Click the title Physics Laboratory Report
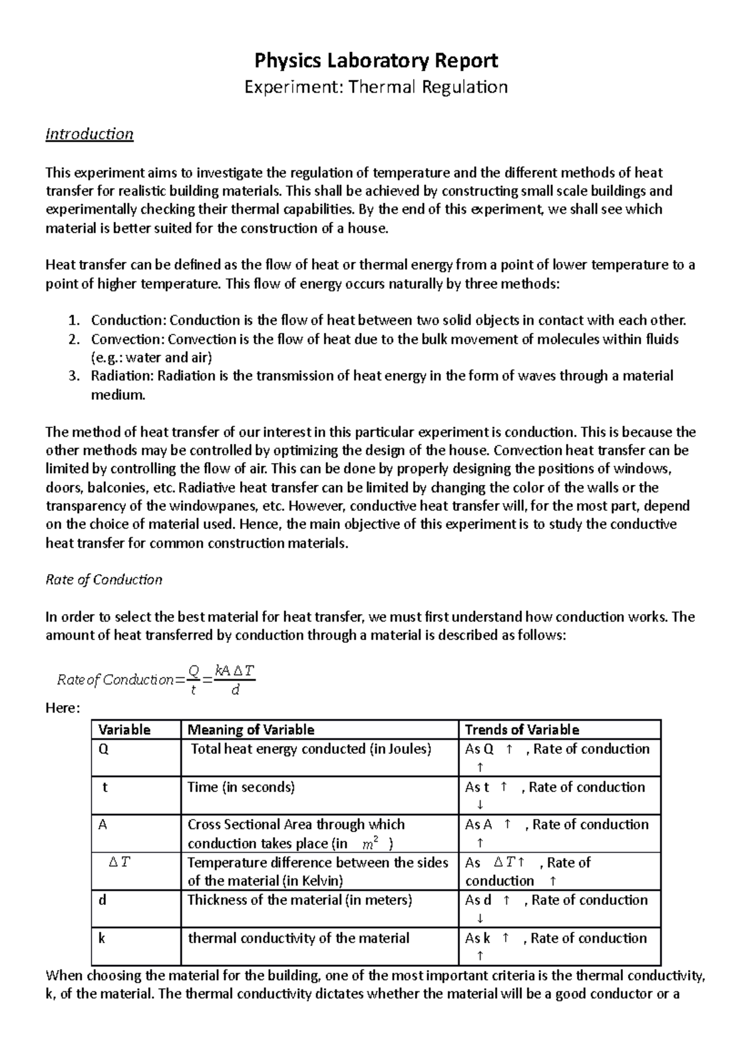click(375, 61)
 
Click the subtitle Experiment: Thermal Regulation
click(375, 86)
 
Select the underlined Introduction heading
click(90, 134)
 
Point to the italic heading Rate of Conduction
click(104, 580)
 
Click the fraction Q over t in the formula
click(193, 680)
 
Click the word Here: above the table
click(63, 709)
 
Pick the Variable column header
click(125, 730)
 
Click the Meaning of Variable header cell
click(251, 730)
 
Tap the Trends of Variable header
click(522, 730)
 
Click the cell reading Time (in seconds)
click(241, 788)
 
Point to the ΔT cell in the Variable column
click(119, 863)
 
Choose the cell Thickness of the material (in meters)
click(300, 900)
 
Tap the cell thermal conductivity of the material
click(299, 939)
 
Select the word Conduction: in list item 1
click(129, 321)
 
